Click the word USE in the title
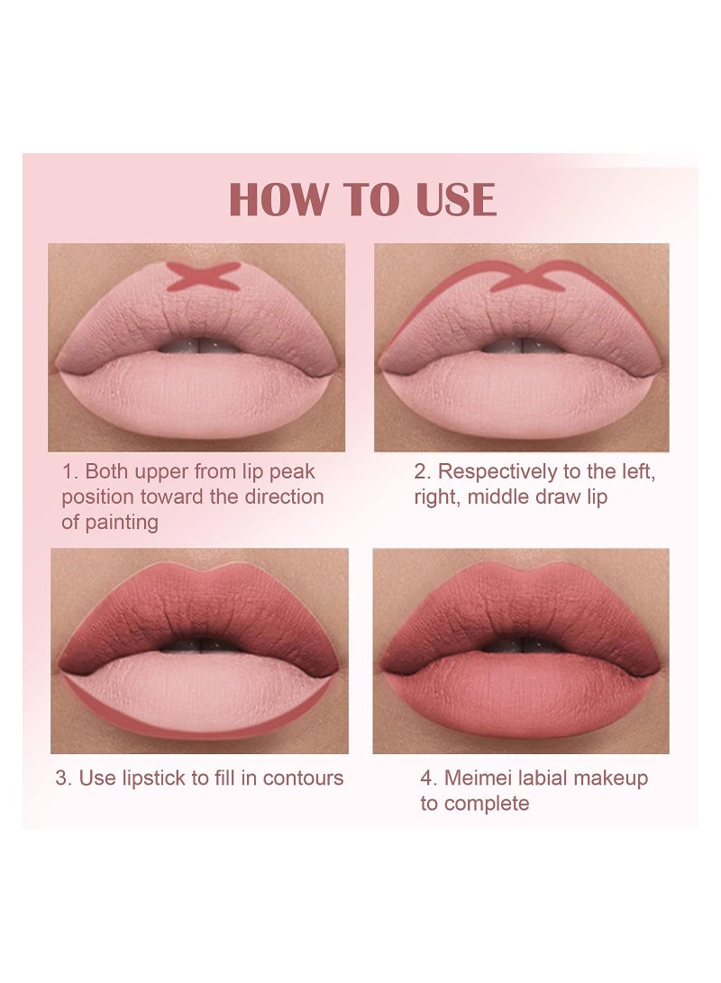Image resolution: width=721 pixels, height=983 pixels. [x=452, y=200]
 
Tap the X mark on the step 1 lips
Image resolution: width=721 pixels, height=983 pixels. [x=203, y=276]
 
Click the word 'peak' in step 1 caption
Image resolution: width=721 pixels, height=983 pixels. [x=293, y=471]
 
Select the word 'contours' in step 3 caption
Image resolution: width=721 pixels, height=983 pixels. [x=302, y=778]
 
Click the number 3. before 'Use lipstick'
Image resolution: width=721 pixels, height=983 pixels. [x=63, y=778]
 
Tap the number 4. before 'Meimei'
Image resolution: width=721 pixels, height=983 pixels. [x=428, y=778]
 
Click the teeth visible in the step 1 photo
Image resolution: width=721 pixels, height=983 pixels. [x=196, y=348]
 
